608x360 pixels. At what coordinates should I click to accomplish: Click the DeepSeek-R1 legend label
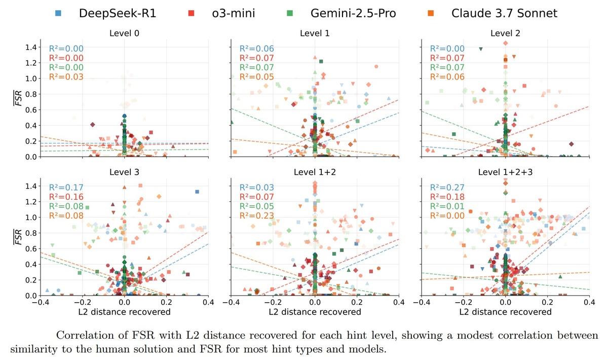click(x=118, y=13)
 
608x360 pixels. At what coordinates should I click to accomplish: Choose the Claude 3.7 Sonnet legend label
click(x=504, y=13)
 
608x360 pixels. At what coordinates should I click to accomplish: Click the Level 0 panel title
click(x=124, y=34)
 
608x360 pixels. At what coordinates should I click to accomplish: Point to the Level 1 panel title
click(x=315, y=34)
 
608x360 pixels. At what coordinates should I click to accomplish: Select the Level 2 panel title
click(x=505, y=34)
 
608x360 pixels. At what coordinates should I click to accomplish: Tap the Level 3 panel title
click(x=124, y=172)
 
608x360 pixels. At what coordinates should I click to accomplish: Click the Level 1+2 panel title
click(x=315, y=172)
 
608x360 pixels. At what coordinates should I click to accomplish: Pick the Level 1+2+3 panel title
click(x=505, y=172)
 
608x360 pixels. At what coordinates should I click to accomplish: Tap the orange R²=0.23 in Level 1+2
click(x=257, y=216)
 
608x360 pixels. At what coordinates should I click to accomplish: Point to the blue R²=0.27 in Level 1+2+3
click(x=447, y=188)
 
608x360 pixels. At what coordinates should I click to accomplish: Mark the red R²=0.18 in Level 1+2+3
click(x=447, y=197)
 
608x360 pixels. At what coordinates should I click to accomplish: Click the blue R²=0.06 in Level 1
click(x=257, y=49)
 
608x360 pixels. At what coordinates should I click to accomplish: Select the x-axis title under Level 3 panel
click(x=124, y=311)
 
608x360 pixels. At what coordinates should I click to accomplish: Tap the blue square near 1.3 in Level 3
click(x=197, y=192)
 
